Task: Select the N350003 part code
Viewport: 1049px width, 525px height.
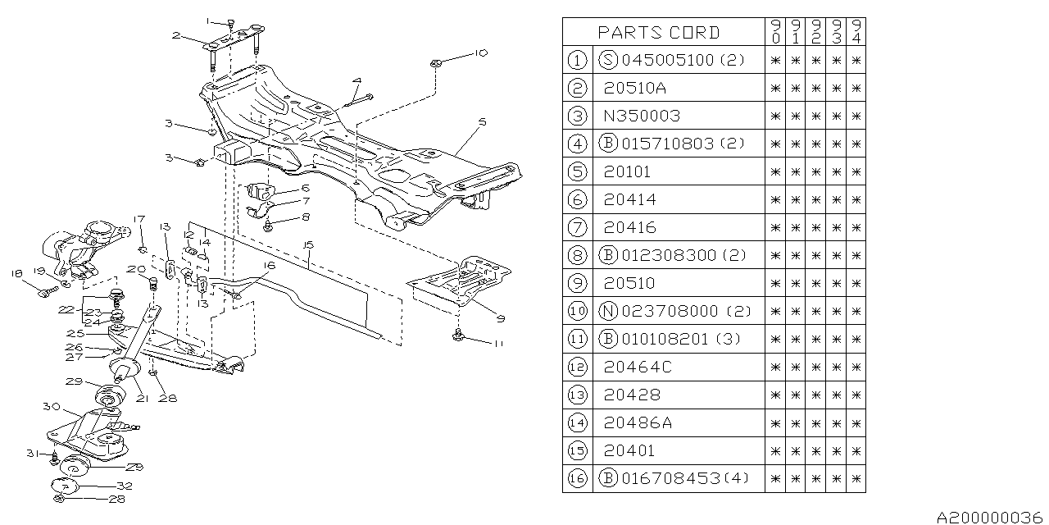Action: point(642,116)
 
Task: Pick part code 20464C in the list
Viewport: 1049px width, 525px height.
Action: point(637,367)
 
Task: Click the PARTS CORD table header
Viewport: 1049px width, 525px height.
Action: point(658,33)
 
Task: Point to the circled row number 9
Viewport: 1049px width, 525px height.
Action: point(577,283)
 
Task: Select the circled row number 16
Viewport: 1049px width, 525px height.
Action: point(577,478)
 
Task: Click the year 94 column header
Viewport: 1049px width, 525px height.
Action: point(856,33)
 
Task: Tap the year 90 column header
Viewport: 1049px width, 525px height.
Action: point(775,33)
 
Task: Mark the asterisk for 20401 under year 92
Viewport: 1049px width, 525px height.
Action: point(815,450)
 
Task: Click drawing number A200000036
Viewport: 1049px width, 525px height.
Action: point(992,517)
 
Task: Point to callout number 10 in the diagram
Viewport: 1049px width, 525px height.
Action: point(480,52)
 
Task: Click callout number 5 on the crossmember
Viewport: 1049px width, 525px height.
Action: point(483,121)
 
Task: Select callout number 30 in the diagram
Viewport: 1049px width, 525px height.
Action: point(49,406)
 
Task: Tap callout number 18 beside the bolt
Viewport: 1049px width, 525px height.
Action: point(16,273)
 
